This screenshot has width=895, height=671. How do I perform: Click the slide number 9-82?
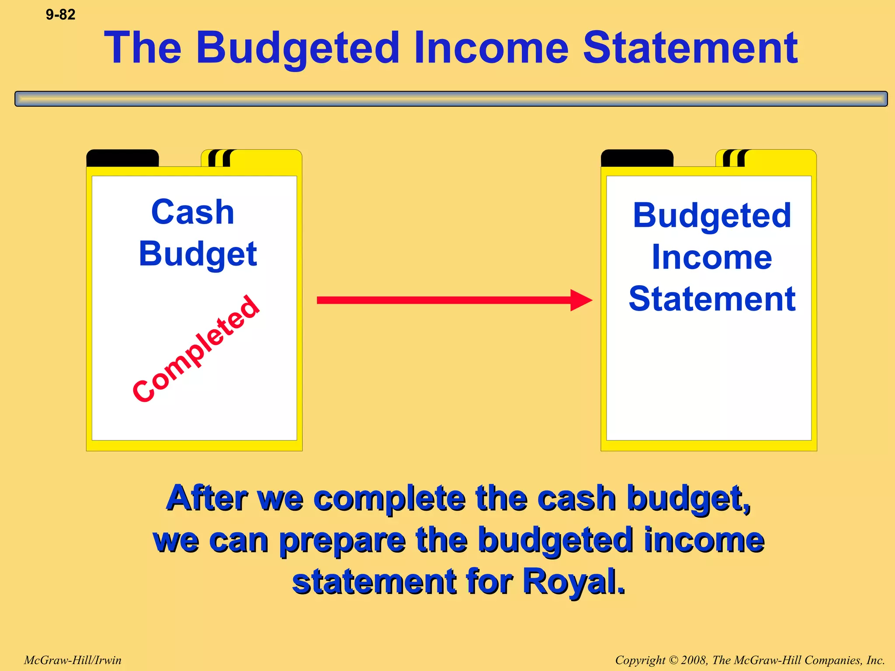pos(60,15)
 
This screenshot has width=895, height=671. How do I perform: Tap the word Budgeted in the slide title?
pos(298,49)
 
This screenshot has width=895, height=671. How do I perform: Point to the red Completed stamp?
pos(196,349)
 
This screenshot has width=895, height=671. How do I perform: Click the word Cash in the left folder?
pos(193,212)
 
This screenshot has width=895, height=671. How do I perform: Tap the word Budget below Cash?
pos(198,255)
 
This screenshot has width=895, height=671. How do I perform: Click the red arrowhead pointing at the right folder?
pos(581,300)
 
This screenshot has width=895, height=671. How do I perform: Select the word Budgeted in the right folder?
pos(712,216)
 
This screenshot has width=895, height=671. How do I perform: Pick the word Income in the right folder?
pos(712,257)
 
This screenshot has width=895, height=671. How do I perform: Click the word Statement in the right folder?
pos(712,299)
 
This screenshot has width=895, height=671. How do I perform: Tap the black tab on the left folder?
pos(122,158)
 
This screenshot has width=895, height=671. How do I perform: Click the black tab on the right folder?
pos(637,158)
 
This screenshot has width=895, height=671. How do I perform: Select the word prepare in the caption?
pos(343,541)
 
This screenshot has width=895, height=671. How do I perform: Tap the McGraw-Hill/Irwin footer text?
pos(73,660)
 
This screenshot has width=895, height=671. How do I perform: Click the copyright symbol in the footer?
pos(673,661)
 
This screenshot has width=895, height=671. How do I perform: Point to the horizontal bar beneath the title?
pos(451,99)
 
